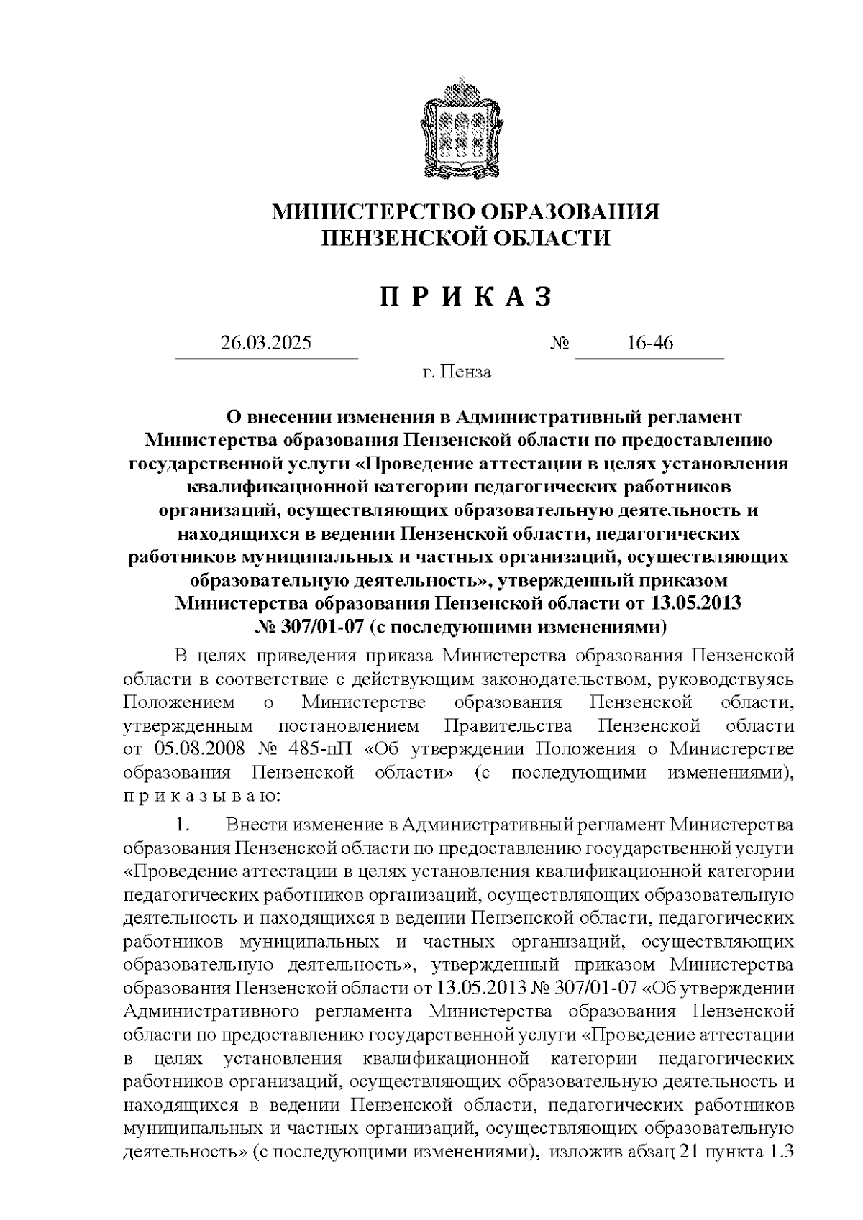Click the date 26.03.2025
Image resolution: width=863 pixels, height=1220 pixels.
(x=266, y=343)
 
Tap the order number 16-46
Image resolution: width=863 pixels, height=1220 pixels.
(x=649, y=343)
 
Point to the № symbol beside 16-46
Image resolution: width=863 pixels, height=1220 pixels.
(x=560, y=344)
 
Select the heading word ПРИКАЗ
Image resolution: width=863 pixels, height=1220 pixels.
(x=465, y=297)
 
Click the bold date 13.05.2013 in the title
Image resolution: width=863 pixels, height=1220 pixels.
(x=697, y=602)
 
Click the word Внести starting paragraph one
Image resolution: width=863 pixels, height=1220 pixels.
(x=255, y=823)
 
